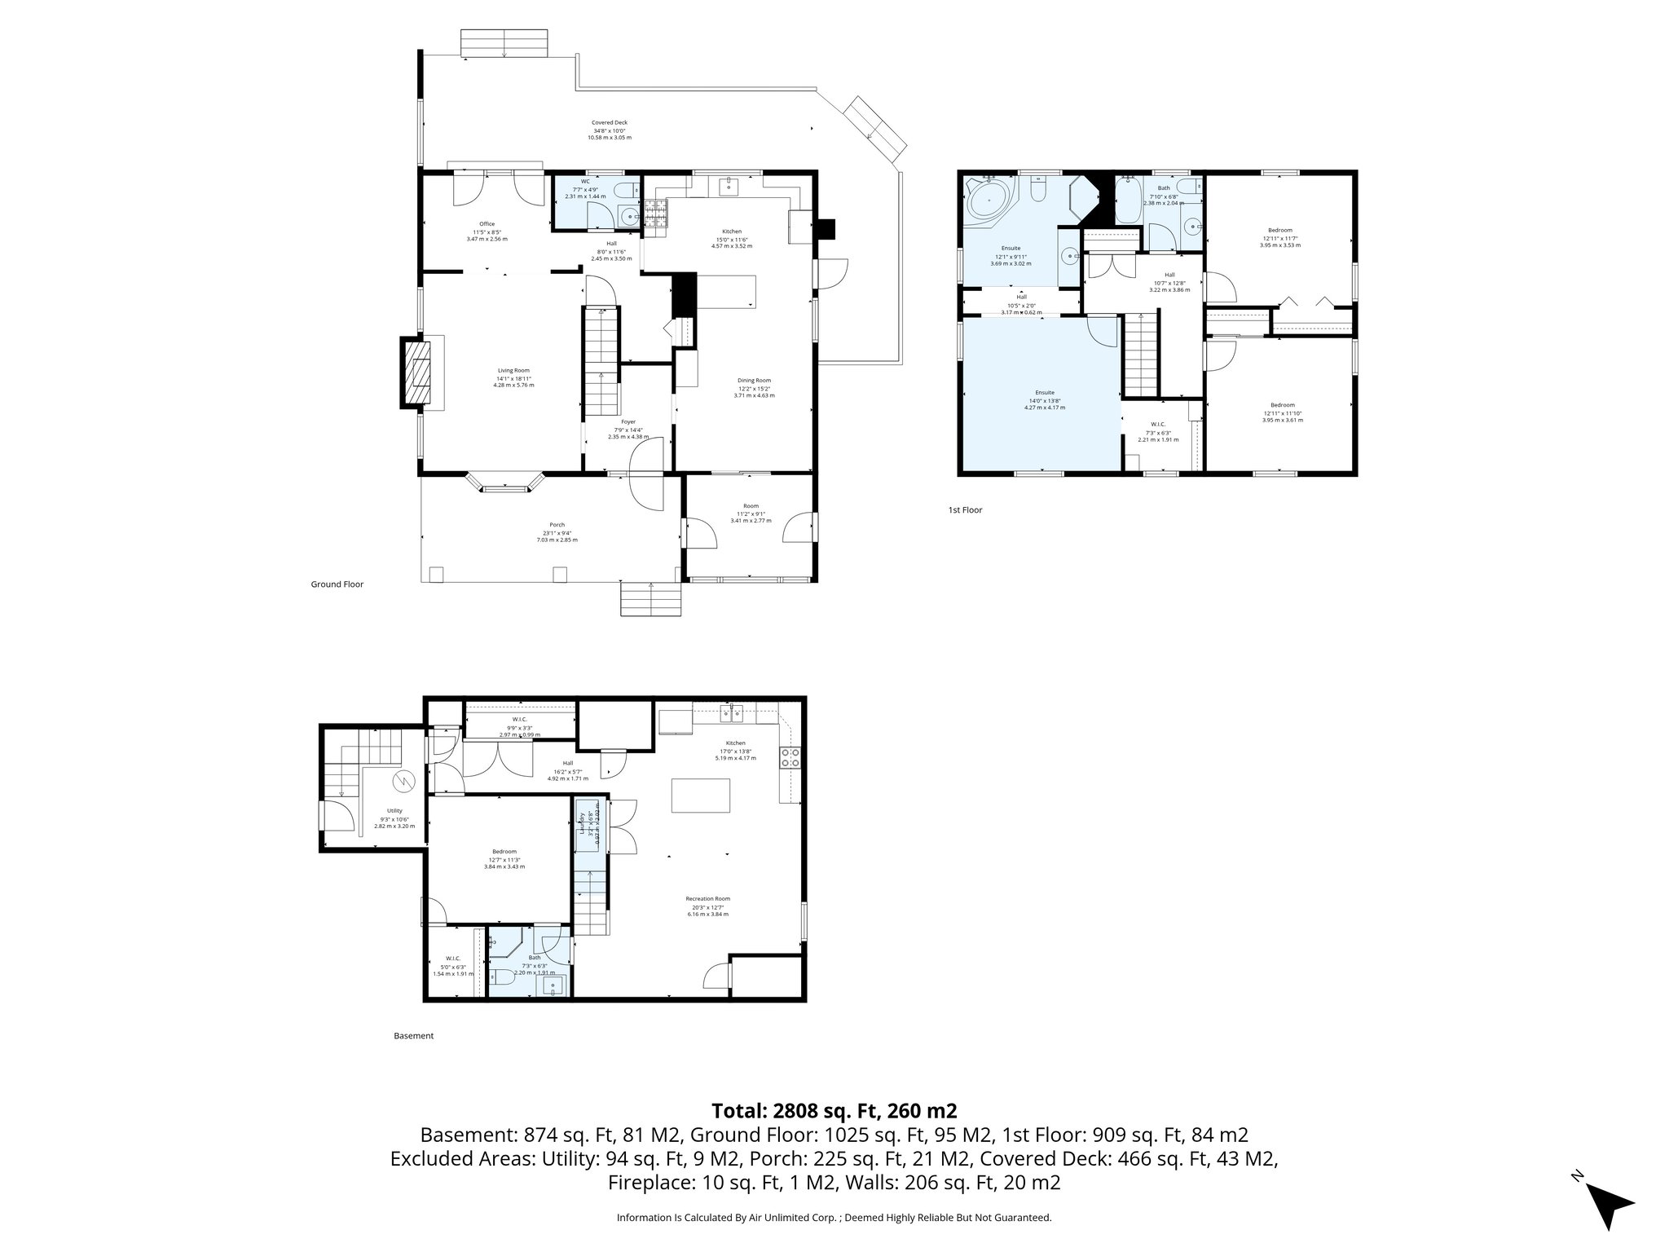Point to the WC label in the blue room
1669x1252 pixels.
point(585,182)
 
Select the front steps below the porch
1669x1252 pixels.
point(650,599)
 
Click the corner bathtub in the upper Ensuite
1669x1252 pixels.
point(989,198)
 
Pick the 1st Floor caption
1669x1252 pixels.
point(965,510)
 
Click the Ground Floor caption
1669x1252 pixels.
point(337,584)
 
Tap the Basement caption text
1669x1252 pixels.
point(413,1036)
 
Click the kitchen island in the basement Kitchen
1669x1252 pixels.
point(700,796)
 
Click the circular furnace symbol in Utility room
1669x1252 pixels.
point(403,782)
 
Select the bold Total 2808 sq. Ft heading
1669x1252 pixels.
point(834,1111)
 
